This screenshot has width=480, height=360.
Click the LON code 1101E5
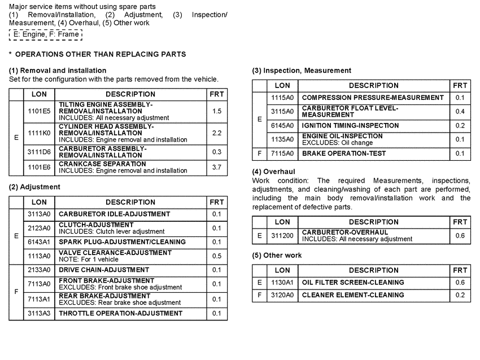coord(39,111)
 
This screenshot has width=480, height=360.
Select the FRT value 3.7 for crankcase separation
coord(217,167)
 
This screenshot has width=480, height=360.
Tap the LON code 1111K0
coord(39,133)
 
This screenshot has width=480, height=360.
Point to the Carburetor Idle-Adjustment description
coord(114,214)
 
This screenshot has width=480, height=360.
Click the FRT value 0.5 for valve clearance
coord(217,256)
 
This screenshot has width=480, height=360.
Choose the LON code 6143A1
coord(39,242)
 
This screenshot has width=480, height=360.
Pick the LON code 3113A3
coord(39,313)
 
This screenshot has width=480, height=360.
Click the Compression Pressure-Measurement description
coord(373,98)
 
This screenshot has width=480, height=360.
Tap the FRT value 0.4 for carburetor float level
coord(460,111)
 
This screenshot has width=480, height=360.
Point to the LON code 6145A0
coord(282,125)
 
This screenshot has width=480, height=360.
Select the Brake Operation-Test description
coord(344,153)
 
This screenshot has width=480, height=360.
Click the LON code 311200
coord(282,235)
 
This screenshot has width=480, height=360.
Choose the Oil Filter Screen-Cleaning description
coord(353,282)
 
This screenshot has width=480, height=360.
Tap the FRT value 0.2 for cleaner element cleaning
coord(460,295)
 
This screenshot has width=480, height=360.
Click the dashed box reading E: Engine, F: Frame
coord(46,34)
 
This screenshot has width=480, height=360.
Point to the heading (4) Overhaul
coord(273,171)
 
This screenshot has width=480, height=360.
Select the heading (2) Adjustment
coord(34,187)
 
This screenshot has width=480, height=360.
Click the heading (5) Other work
coord(277,255)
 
